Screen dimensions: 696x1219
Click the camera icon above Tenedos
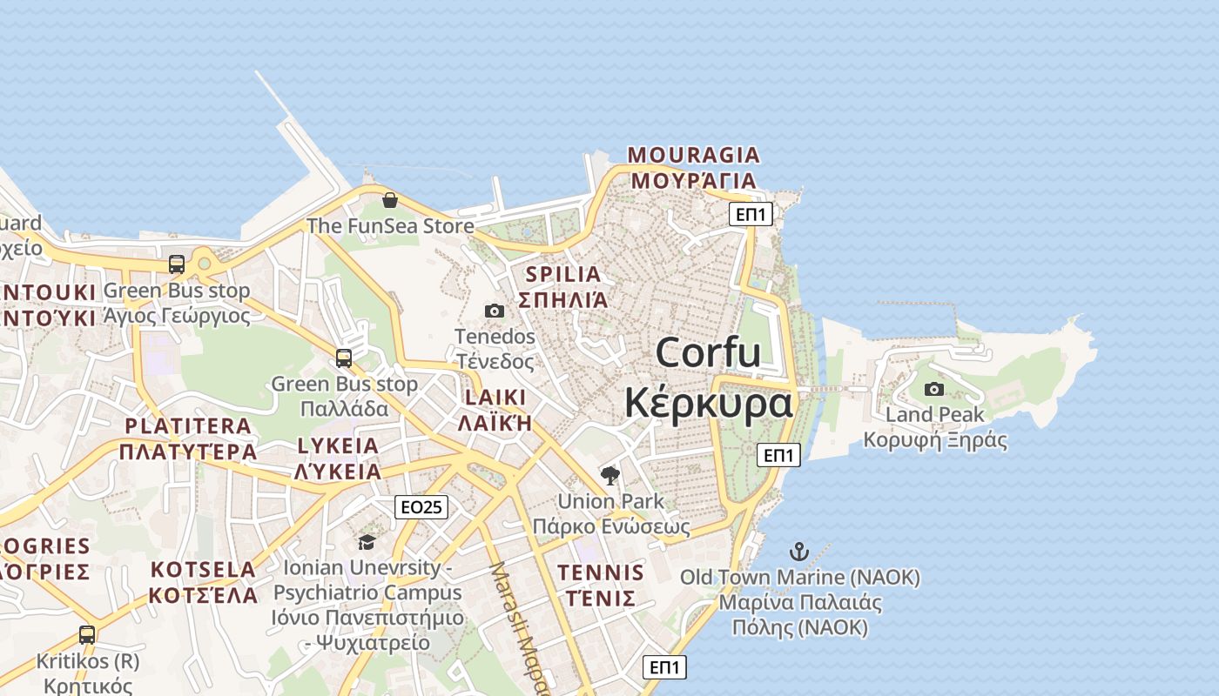click(x=495, y=311)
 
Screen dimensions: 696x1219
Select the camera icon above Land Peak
click(x=934, y=389)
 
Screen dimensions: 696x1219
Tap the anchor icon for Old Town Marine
click(x=798, y=552)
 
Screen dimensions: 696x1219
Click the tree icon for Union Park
click(x=610, y=475)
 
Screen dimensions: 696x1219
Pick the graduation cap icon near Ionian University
click(x=367, y=543)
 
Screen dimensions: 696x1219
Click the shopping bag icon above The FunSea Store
click(x=390, y=201)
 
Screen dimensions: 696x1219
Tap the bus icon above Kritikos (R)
click(x=87, y=635)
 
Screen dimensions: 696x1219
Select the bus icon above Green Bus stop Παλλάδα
click(x=344, y=358)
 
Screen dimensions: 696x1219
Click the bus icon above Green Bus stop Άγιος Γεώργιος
click(x=177, y=264)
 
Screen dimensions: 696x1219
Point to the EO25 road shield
click(x=421, y=506)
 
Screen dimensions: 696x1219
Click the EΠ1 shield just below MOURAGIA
click(x=751, y=214)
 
